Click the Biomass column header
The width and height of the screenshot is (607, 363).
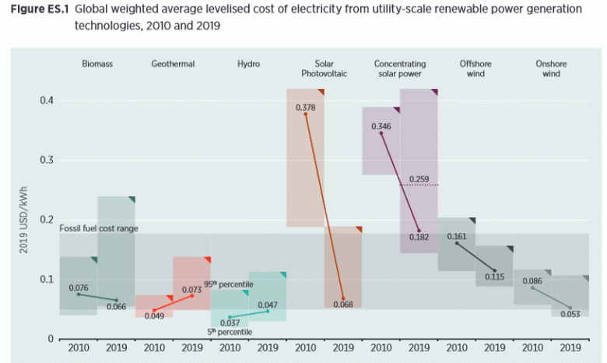coord(97,64)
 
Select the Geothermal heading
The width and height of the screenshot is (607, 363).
coord(173,64)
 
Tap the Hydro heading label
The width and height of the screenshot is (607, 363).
coord(248,64)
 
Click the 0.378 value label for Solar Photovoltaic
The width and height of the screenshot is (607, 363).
coord(305,106)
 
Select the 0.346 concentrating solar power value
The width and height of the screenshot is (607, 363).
coord(381,126)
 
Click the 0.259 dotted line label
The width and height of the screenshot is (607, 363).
coord(419,179)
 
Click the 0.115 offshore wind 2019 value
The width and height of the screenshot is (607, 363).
coord(495,277)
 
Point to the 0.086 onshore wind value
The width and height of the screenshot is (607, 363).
coord(532,280)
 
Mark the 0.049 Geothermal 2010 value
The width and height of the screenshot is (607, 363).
coord(154,315)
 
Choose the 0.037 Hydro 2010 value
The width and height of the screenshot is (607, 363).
coord(230,323)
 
